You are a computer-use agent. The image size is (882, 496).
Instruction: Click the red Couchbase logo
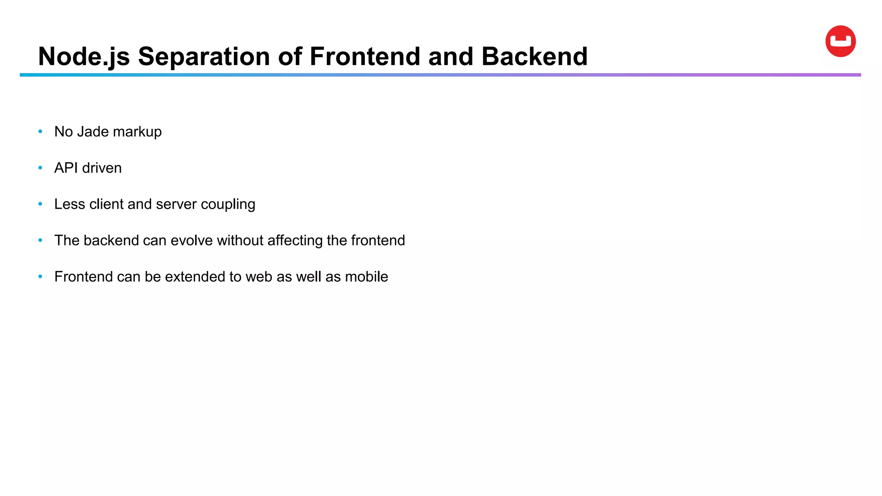840,41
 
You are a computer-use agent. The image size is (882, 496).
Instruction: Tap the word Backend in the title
534,56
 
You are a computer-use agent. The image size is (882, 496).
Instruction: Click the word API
66,168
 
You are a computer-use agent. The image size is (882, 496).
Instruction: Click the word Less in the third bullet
69,204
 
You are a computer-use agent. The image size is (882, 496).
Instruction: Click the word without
240,240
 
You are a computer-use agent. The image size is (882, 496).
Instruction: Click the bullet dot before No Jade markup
40,131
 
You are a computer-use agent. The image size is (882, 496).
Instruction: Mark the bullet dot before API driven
40,167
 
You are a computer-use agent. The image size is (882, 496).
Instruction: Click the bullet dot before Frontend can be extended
40,276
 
